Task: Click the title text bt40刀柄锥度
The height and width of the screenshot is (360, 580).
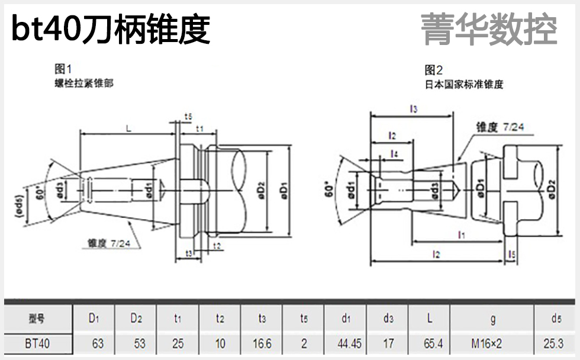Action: (x=111, y=29)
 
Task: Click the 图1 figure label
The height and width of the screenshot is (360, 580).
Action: (x=63, y=69)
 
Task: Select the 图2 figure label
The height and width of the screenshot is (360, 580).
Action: (x=434, y=70)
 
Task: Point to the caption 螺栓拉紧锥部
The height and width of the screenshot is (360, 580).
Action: (x=83, y=83)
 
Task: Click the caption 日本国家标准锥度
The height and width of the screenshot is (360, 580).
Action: (x=464, y=84)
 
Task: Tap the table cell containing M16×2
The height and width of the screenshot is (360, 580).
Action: (x=492, y=344)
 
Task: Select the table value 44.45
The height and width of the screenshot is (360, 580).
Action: (x=346, y=344)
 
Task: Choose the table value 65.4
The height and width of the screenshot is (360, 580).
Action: (x=430, y=344)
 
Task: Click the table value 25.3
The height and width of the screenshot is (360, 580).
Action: (x=556, y=344)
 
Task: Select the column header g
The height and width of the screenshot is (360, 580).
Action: (x=492, y=319)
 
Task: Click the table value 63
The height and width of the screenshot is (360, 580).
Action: (x=94, y=344)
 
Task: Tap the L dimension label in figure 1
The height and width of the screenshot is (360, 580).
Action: (x=128, y=127)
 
